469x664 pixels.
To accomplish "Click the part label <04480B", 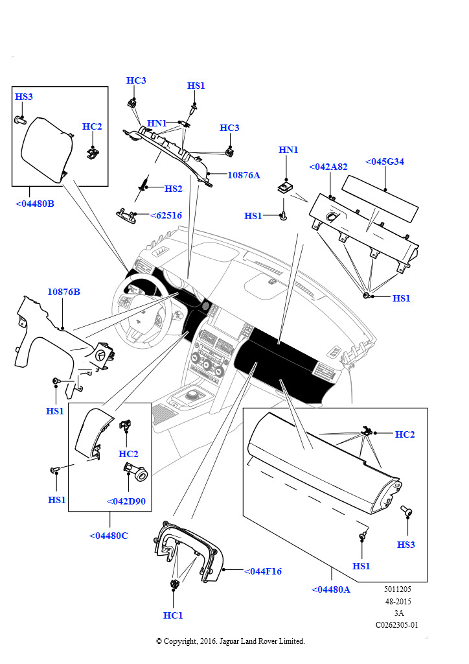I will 35,204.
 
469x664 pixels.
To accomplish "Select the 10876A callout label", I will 243,175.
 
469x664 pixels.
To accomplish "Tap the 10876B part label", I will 63,292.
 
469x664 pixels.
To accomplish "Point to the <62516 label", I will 166,215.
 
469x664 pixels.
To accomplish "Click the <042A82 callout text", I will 328,167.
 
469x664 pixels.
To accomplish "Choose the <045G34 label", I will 385,161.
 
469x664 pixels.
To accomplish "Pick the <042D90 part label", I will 126,501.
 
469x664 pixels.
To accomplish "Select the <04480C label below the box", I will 109,536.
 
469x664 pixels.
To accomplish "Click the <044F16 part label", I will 263,571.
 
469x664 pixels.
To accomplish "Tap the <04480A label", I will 331,589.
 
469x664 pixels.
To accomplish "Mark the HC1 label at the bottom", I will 173,615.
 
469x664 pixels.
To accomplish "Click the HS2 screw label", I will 174,189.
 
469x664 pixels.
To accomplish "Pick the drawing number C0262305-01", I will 397,625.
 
